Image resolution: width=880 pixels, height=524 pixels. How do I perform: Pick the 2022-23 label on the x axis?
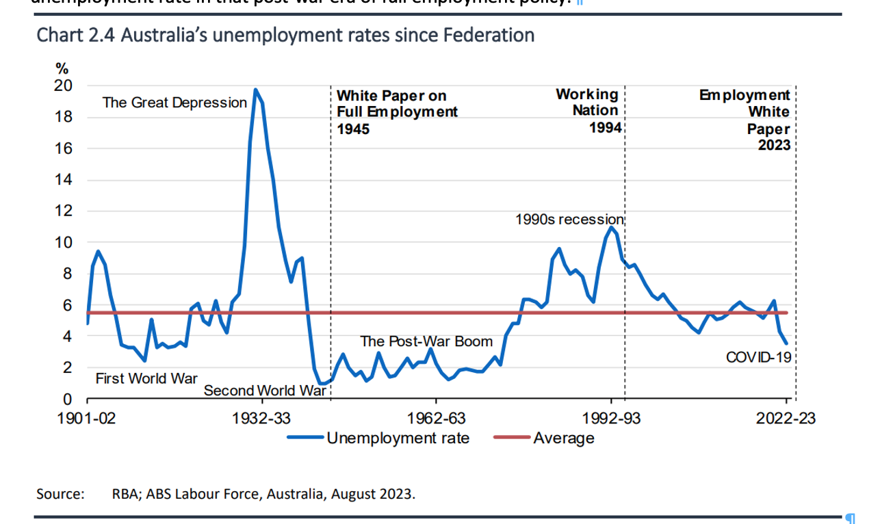pyautogui.click(x=786, y=418)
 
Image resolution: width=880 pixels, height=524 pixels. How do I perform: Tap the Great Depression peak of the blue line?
pyautogui.click(x=255, y=90)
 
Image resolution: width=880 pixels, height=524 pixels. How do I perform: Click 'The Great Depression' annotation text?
pyautogui.click(x=174, y=103)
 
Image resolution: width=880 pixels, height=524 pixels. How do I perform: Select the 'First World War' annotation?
pyautogui.click(x=146, y=378)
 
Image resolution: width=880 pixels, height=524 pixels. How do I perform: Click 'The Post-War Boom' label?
pyautogui.click(x=426, y=341)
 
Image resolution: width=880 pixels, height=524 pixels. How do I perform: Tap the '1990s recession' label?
pyautogui.click(x=569, y=220)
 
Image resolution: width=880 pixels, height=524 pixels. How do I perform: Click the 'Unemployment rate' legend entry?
pyautogui.click(x=398, y=438)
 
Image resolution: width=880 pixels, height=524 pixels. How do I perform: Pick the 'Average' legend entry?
pyautogui.click(x=563, y=438)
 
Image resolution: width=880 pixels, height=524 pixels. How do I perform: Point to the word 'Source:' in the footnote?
pyautogui.click(x=60, y=493)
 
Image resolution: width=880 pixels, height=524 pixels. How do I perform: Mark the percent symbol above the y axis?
pyautogui.click(x=62, y=68)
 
